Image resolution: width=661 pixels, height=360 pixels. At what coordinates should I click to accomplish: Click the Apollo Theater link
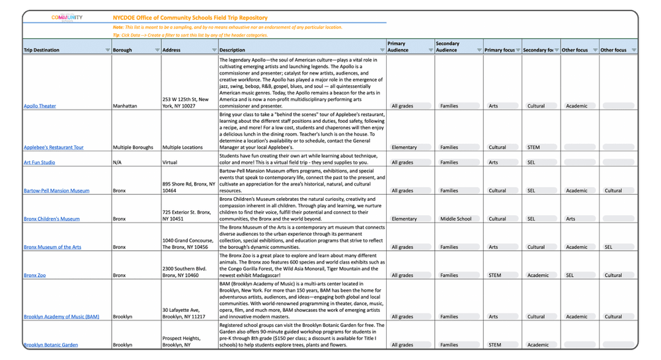tap(40, 106)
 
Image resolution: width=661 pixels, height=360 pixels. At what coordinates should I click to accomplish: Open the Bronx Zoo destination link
tap(34, 275)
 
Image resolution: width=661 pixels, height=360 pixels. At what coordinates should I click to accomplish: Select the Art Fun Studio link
tap(39, 162)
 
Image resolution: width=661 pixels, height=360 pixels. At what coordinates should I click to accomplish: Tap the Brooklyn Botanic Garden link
tap(51, 345)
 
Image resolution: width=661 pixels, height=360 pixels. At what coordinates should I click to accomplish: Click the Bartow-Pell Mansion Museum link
tap(56, 191)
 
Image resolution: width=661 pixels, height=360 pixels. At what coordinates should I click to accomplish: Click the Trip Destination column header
tap(42, 50)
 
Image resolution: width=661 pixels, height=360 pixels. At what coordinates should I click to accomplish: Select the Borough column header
tap(122, 50)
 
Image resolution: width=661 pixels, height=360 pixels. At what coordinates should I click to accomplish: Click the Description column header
tap(232, 50)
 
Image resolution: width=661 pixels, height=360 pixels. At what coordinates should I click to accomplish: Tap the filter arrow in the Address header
tap(214, 50)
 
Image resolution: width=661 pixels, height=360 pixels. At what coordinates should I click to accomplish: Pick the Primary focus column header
tap(499, 50)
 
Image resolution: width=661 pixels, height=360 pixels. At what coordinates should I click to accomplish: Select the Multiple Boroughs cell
tap(133, 147)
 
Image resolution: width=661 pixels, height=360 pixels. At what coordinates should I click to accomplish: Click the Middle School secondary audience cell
tap(455, 219)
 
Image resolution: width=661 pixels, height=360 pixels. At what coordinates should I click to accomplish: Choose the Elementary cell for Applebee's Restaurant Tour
tap(404, 147)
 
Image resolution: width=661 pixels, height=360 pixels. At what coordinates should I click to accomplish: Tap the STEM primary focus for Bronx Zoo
tap(494, 275)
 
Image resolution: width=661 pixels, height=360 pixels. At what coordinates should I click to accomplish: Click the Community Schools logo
tap(67, 18)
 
